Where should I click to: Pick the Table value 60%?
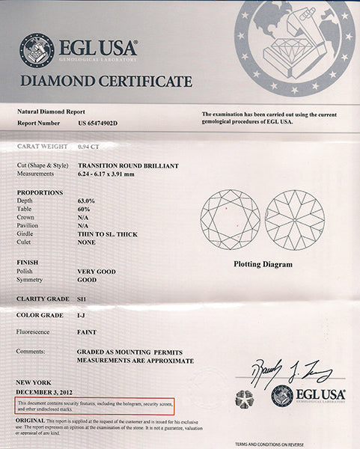tap(83, 210)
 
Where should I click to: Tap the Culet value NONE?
tap(87, 242)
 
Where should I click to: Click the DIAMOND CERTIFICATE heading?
tap(106, 81)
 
